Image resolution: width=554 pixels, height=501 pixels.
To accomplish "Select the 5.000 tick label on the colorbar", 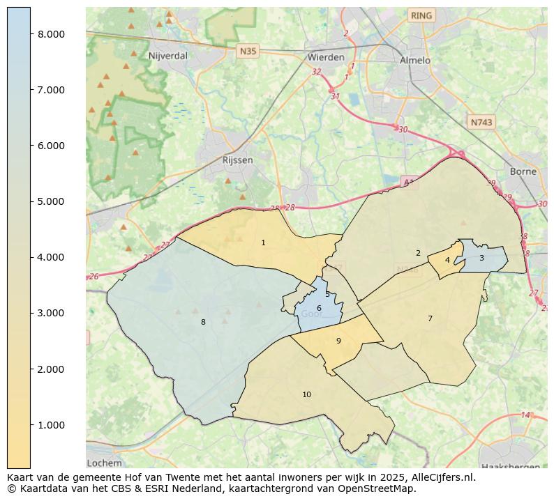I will pyautogui.click(x=51, y=201).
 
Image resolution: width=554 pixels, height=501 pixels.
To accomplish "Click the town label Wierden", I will pyautogui.click(x=325, y=57).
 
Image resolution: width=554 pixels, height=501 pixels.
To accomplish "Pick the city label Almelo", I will pyautogui.click(x=414, y=61).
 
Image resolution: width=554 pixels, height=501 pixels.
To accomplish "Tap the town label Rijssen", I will pyautogui.click(x=237, y=160).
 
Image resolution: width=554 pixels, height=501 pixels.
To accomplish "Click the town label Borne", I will pyautogui.click(x=523, y=171).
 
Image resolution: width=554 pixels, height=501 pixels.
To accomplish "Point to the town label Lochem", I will pyautogui.click(x=104, y=463).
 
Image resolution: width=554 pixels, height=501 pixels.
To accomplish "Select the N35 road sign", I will pyautogui.click(x=248, y=51).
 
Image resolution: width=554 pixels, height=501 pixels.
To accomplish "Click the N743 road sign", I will pyautogui.click(x=481, y=122).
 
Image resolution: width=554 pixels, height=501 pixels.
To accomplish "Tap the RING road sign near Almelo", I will pyautogui.click(x=421, y=15).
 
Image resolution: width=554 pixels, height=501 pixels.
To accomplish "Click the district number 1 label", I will pyautogui.click(x=263, y=243).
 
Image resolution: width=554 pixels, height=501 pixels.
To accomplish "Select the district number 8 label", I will pyautogui.click(x=203, y=322).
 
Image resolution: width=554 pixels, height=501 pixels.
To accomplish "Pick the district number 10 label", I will pyautogui.click(x=306, y=395).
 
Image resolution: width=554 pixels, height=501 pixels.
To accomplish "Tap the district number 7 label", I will pyautogui.click(x=430, y=318).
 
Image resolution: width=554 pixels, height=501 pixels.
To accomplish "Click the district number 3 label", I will pyautogui.click(x=481, y=258).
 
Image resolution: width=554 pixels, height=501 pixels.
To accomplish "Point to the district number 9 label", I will pyautogui.click(x=338, y=341).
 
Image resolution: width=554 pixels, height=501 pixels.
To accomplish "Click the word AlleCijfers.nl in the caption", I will pyautogui.click(x=441, y=477).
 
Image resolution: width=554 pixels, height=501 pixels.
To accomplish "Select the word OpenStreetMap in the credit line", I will pyautogui.click(x=377, y=488).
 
